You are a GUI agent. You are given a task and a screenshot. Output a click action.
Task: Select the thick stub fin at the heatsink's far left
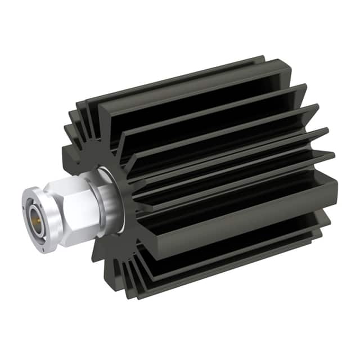click(69, 152)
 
